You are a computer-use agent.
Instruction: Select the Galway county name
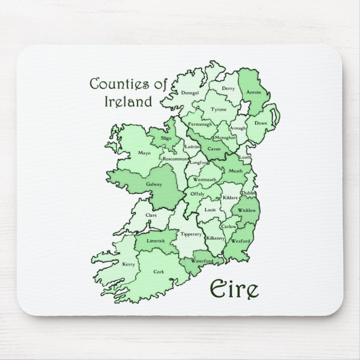click(154, 184)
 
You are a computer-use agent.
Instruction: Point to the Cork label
click(159, 272)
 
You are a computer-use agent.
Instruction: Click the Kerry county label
click(129, 264)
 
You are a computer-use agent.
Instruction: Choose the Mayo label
click(145, 153)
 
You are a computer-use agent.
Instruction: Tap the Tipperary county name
click(191, 234)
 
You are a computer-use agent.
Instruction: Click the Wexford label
click(241, 241)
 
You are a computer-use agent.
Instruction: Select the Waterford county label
click(202, 261)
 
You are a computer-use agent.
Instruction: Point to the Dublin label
click(249, 193)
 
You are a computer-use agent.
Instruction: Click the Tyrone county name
click(219, 110)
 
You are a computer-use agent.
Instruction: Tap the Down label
click(261, 123)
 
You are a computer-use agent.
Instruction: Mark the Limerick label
click(155, 241)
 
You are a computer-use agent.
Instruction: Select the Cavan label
click(214, 149)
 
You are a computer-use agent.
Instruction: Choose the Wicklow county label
click(247, 210)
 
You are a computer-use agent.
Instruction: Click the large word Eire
click(234, 289)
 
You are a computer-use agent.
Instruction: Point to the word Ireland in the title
click(128, 102)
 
